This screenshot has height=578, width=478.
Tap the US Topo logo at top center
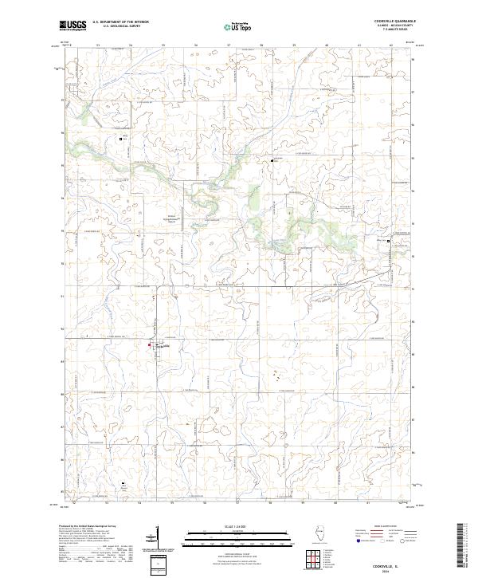pyautogui.click(x=236, y=28)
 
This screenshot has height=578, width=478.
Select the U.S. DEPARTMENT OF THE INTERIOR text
pyautogui.click(x=120, y=22)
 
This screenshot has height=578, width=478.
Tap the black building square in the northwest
pyautogui.click(x=121, y=139)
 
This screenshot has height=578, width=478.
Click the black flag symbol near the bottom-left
pyautogui.click(x=123, y=482)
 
